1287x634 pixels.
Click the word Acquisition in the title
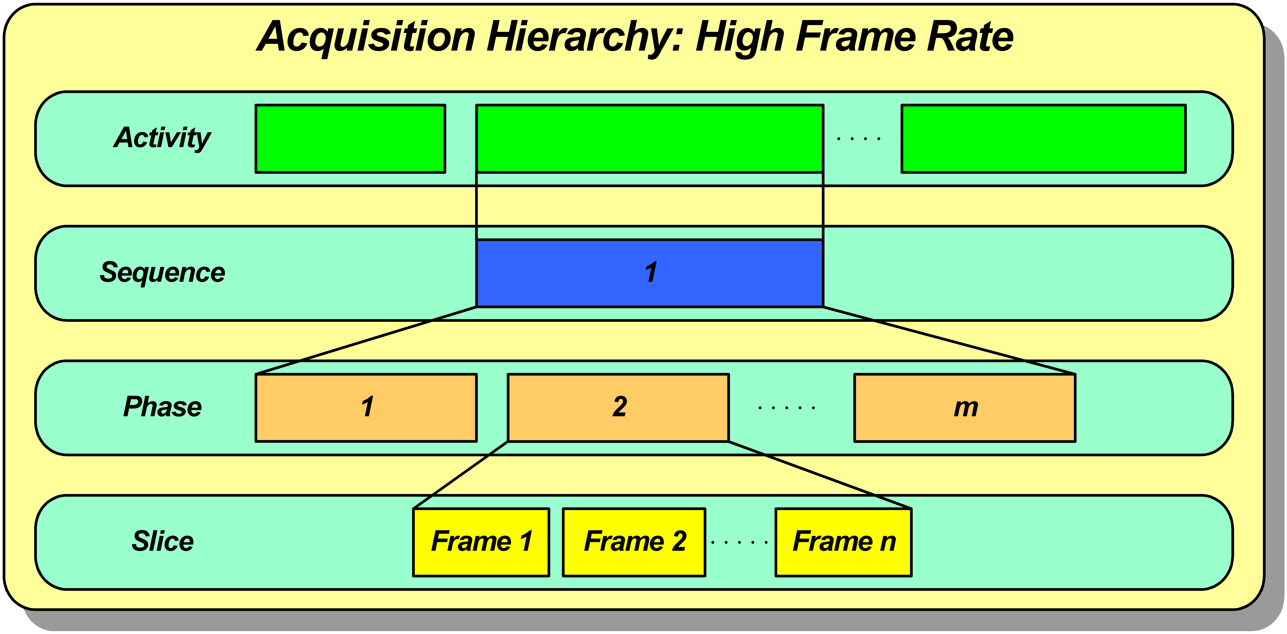366,37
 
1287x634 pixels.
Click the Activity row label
162,138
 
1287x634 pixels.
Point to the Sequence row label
162,272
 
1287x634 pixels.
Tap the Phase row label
162,406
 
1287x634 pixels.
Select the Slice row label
162,541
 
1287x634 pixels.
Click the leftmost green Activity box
350,138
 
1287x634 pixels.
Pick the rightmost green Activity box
1044,138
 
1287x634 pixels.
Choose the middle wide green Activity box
649,138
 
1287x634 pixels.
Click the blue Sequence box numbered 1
649,273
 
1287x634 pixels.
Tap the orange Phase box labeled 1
366,407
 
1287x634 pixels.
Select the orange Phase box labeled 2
618,407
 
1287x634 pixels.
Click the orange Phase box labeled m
965,407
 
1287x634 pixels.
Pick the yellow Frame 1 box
481,542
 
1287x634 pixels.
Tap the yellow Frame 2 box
634,542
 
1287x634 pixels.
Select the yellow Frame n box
843,542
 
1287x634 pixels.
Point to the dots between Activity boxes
859,138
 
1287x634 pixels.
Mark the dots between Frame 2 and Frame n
739,542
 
